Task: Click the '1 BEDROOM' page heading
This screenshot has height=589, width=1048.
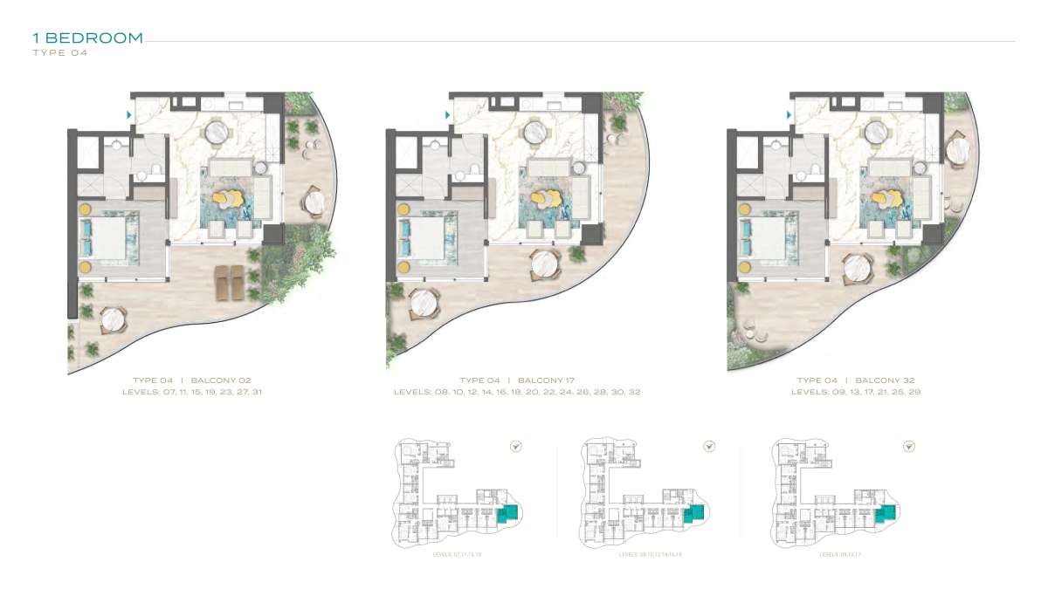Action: coord(87,38)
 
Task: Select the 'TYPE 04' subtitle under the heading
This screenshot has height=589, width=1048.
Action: coord(60,53)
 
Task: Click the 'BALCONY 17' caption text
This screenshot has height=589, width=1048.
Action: coord(547,380)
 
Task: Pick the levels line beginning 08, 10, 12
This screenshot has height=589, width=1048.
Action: coord(517,393)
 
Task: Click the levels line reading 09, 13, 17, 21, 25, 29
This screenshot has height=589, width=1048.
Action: coord(856,393)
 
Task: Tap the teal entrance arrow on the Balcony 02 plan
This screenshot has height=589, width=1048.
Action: coord(129,114)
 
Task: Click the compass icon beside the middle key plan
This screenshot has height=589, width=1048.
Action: coord(710,447)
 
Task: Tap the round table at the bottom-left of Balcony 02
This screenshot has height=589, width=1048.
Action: coord(114,321)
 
